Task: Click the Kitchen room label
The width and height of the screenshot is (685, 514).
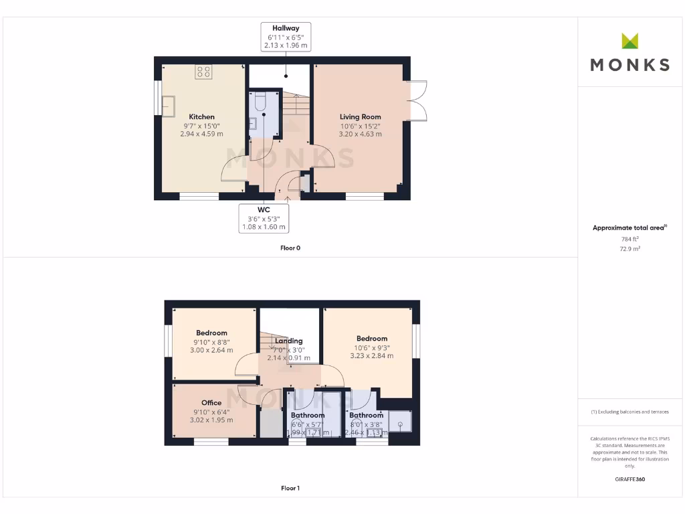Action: [201, 116]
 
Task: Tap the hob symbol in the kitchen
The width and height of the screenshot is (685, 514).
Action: [203, 72]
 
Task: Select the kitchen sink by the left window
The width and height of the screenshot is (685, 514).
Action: [167, 106]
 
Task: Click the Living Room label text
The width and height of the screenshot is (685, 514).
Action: [361, 116]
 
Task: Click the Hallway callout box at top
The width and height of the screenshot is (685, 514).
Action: [286, 37]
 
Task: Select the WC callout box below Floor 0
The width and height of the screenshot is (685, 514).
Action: [264, 218]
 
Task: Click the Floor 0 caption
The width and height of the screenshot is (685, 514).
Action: [290, 248]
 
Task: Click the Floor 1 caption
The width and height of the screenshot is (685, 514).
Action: [290, 488]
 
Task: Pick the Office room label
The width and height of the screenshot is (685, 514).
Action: [211, 402]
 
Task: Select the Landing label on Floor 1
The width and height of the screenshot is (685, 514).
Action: [289, 341]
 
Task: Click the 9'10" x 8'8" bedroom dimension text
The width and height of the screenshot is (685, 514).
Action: [211, 341]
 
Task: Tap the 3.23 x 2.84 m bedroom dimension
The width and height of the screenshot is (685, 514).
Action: [371, 356]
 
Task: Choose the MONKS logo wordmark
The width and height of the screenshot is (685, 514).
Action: [629, 64]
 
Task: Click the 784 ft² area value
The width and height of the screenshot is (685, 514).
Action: [629, 238]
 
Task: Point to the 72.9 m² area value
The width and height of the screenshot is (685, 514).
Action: [629, 248]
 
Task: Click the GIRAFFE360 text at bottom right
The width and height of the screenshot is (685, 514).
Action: [629, 479]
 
